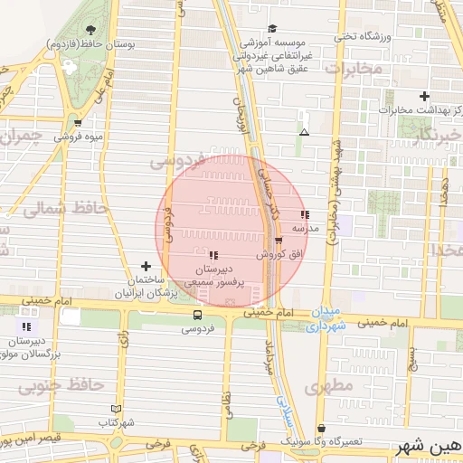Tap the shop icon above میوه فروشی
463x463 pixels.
(78, 122)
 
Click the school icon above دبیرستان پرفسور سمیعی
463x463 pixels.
(213, 256)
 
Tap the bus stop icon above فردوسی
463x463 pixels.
(197, 315)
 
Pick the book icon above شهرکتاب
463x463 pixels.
(115, 408)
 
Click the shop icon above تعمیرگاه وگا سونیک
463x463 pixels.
(321, 428)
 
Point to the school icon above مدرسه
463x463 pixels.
(305, 215)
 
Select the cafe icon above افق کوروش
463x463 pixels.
(279, 241)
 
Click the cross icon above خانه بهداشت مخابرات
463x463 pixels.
(424, 96)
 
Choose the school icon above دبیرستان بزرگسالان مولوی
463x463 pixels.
(27, 326)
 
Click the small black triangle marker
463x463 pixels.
(304, 133)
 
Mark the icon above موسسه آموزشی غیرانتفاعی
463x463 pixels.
(272, 28)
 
